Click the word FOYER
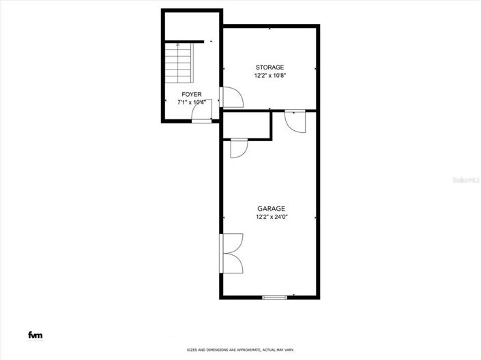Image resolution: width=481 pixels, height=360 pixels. pyautogui.click(x=191, y=94)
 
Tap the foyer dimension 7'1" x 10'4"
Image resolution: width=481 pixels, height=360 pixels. pyautogui.click(x=191, y=102)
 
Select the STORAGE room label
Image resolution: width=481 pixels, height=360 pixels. pyautogui.click(x=269, y=67)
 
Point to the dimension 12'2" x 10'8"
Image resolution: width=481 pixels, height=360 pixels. pyautogui.click(x=269, y=75)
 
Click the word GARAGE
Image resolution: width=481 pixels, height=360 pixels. pyautogui.click(x=271, y=209)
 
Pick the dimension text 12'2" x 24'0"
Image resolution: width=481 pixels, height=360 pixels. pyautogui.click(x=271, y=217)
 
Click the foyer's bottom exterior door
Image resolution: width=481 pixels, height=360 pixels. pyautogui.click(x=201, y=119)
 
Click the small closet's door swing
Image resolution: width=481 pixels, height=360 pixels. pyautogui.click(x=239, y=148)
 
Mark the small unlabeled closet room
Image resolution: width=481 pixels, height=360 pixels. pyautogui.click(x=246, y=125)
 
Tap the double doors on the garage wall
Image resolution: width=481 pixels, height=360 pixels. pyautogui.click(x=230, y=253)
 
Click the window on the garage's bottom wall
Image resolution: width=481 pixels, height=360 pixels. pyautogui.click(x=274, y=297)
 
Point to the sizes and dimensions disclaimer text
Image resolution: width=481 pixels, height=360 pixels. pyautogui.click(x=240, y=350)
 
